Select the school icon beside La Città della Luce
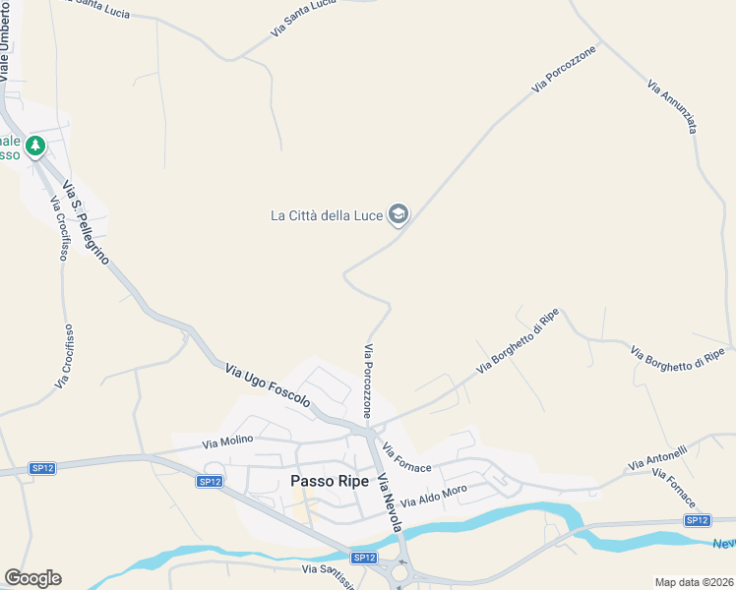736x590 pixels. pos(399,213)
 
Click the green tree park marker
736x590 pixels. pos(36,146)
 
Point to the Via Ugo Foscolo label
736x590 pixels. pos(268,385)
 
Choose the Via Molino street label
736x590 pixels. pos(227,442)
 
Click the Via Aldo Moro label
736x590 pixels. pos(434,497)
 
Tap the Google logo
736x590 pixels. pos(32,578)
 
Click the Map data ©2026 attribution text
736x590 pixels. pos(694,581)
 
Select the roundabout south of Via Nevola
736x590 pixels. pos(401,570)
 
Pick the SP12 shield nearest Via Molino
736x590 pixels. pos(209,481)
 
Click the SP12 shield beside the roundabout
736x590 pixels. pos(365,558)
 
